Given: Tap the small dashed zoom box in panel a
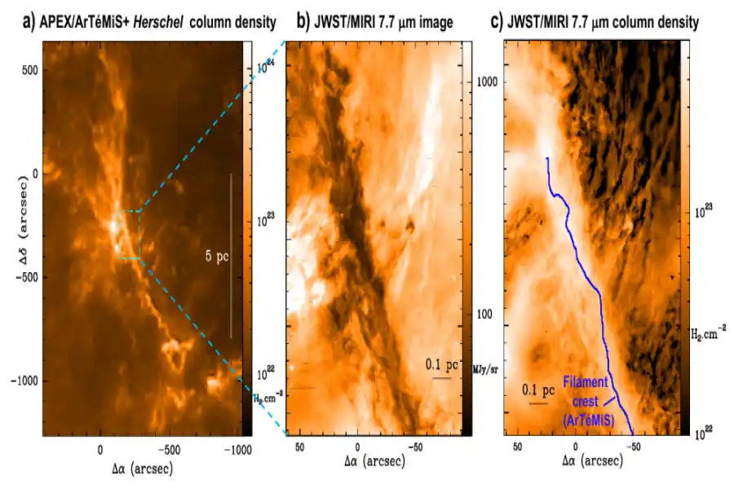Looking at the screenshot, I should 129,235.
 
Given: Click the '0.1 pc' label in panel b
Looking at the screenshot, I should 442,366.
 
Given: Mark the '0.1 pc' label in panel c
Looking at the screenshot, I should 538,390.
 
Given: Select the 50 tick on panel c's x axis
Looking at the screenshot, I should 517,449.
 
